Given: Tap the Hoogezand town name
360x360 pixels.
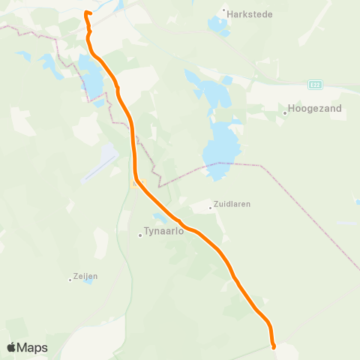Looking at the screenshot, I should click(313, 109).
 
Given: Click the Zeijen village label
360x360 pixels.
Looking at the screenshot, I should click(85, 276).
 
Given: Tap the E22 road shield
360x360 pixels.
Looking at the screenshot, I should click(314, 85).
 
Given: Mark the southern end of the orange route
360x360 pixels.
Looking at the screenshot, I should click(274, 346).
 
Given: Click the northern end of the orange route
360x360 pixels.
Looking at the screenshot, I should click(86, 13).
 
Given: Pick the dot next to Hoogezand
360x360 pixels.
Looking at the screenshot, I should click(285, 113).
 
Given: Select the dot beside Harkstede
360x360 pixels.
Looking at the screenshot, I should click(224, 10).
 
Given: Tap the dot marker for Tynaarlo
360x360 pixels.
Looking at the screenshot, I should click(139, 235).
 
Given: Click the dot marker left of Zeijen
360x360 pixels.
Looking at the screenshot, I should click(70, 280).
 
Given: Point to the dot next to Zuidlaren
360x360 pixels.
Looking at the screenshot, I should click(210, 208).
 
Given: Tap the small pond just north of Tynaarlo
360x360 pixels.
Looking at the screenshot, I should click(160, 217).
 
